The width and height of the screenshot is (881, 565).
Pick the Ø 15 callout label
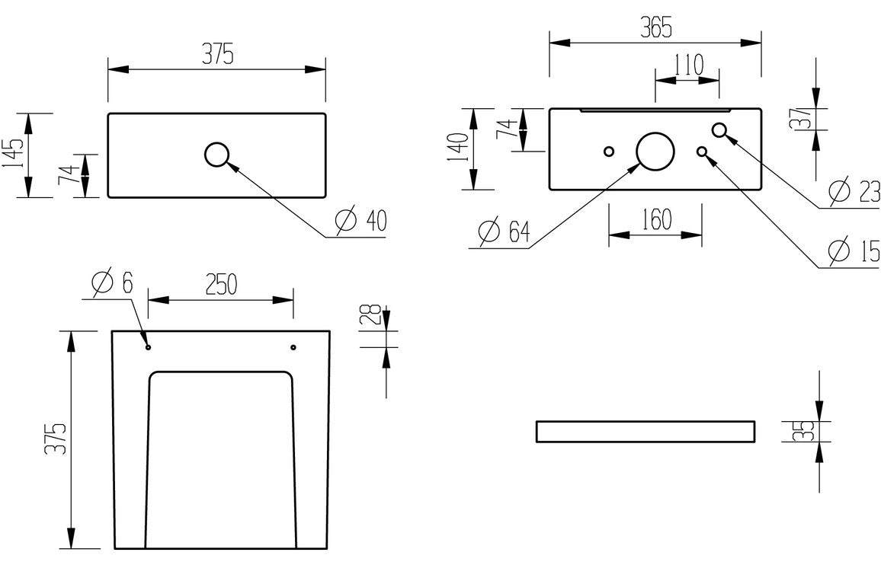tap(854, 250)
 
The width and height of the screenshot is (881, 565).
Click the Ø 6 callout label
tap(111, 283)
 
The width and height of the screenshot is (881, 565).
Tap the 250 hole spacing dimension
tap(220, 283)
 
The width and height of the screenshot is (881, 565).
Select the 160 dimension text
tap(655, 219)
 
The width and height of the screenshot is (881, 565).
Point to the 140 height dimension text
tap(458, 149)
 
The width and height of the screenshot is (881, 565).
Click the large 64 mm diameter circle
tap(655, 151)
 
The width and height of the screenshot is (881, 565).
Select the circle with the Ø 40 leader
tap(217, 155)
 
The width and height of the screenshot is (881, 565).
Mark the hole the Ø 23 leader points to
tap(719, 130)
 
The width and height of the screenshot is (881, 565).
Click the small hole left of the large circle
tap(608, 151)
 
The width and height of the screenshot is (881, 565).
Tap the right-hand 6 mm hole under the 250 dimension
tap(293, 347)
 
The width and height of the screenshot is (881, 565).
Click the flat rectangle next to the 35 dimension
tap(646, 431)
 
